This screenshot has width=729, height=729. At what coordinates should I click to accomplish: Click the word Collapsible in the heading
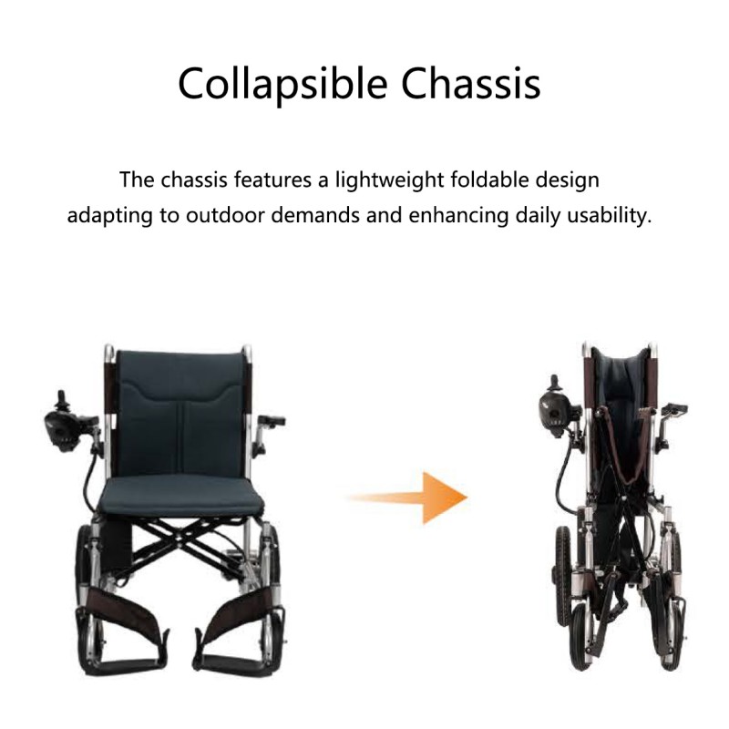(x=282, y=85)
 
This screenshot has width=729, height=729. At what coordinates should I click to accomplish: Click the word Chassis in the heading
(x=471, y=84)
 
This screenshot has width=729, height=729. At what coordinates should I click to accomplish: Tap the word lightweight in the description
(x=389, y=180)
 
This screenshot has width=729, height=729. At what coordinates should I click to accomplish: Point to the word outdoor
(x=224, y=215)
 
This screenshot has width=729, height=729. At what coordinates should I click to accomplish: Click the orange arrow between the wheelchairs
(x=406, y=498)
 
